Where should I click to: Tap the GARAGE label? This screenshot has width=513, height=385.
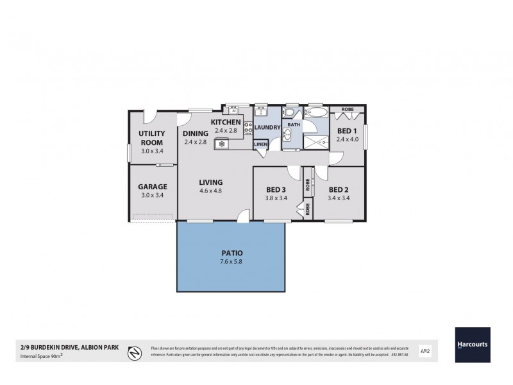point(153,187)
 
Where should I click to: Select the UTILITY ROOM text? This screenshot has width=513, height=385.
point(153,137)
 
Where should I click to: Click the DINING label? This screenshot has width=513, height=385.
point(195,133)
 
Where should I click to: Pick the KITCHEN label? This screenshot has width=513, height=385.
point(226,122)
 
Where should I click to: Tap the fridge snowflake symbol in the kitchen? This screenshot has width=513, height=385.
point(222,144)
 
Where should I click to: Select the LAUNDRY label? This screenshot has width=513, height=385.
point(267,128)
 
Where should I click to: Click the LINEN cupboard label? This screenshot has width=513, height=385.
point(260,144)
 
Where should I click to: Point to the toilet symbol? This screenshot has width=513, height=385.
point(292,114)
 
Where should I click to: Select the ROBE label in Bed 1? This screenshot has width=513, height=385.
point(347,110)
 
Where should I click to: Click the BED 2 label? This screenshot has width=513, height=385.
point(338,190)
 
